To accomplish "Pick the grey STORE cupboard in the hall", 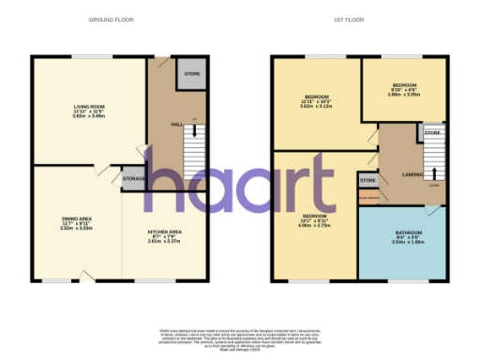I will [191, 73].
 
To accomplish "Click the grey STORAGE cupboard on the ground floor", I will [132, 177].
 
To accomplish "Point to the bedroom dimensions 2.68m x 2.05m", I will [405, 94].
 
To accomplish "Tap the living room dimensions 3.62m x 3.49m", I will [89, 116].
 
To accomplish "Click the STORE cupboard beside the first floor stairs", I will [433, 133].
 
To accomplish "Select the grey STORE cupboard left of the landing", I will [367, 180].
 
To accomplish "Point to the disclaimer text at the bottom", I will [240, 338].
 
